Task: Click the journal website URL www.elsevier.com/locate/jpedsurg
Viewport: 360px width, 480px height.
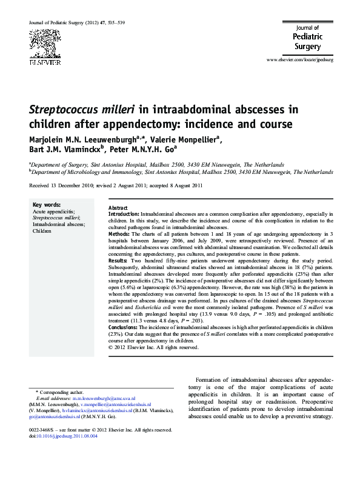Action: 305,62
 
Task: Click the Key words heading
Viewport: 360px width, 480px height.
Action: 45,205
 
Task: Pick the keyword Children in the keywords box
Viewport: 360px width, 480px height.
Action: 42,231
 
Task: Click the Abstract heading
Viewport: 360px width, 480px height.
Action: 118,208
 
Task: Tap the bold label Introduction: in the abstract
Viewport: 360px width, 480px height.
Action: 124,215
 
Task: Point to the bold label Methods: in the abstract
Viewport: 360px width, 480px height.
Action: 119,233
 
